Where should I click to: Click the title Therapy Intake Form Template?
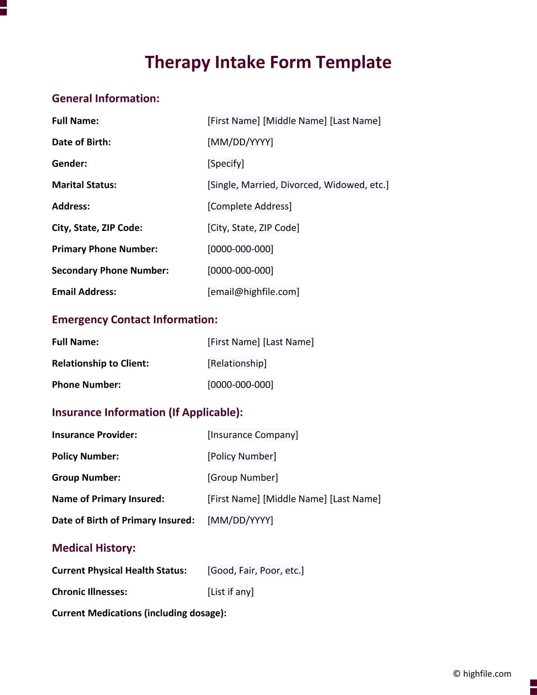[268, 62]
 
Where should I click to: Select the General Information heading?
[106, 98]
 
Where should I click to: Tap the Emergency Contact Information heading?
[135, 319]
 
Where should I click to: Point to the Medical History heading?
[94, 548]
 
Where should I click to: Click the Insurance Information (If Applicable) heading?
[147, 412]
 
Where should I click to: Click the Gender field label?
[69, 164]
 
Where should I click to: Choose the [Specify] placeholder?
[226, 164]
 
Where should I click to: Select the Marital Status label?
[84, 185]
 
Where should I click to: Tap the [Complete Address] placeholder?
[250, 206]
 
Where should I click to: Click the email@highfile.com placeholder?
[253, 292]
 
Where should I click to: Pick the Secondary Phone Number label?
[110, 270]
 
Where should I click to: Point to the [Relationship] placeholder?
[237, 363]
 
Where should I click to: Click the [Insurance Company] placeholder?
[253, 435]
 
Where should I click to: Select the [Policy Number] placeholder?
[242, 456]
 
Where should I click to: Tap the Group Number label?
[86, 478]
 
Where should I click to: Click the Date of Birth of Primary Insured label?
[123, 520]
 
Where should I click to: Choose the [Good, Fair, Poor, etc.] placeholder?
[256, 570]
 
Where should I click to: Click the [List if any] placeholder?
[231, 592]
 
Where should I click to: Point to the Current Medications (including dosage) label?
[139, 613]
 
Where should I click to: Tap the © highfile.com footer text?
[482, 674]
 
